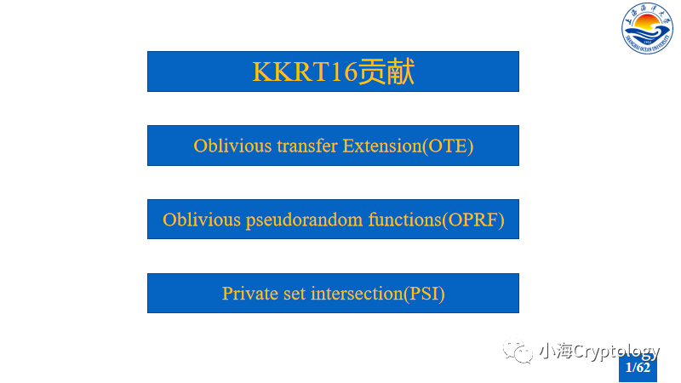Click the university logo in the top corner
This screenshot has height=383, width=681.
(x=646, y=26)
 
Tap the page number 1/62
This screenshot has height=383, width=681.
(x=638, y=368)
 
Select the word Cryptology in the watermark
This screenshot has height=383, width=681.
(x=615, y=352)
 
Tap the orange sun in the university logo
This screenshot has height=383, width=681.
(x=646, y=20)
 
